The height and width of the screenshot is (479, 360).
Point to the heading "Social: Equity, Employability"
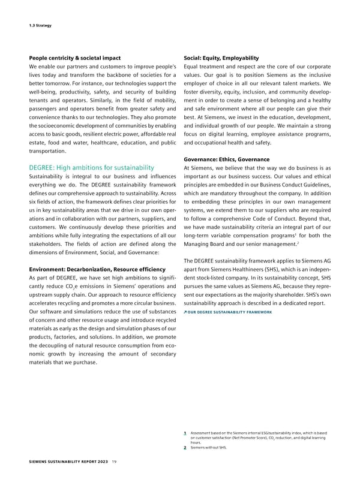click(221, 58)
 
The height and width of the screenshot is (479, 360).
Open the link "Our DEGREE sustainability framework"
click(231, 312)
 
